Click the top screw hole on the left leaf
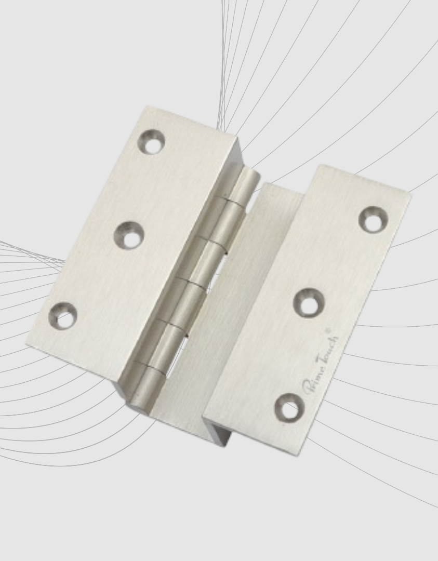click(x=152, y=142)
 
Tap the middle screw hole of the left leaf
click(x=129, y=235)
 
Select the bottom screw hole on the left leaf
click(x=63, y=316)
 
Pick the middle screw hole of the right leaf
click(x=309, y=303)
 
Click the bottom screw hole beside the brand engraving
click(x=289, y=408)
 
